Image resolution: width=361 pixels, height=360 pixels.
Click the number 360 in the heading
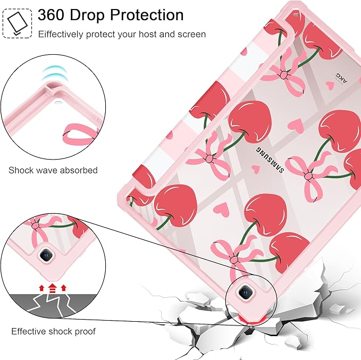[x=52, y=15]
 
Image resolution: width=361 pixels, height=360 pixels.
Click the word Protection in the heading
[x=147, y=15]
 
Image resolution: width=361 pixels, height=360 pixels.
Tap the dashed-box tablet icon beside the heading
[x=17, y=23]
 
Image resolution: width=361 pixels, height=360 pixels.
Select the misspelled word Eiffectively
[x=61, y=35]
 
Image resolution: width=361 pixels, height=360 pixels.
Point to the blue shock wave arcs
[x=55, y=73]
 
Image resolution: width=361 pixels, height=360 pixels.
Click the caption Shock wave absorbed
[x=53, y=171]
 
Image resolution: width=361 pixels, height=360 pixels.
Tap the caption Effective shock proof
[x=53, y=331]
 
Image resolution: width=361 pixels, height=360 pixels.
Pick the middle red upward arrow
[x=53, y=288]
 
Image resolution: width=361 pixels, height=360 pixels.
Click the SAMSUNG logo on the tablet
[x=270, y=160]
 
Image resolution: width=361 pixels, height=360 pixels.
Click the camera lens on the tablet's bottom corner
[x=245, y=292]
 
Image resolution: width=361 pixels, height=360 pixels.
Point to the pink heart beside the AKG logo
[x=330, y=85]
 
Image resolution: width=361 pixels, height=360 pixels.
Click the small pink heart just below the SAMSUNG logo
[x=255, y=169]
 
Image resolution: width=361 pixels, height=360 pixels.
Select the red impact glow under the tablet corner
[x=251, y=319]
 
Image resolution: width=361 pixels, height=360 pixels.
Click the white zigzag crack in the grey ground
[x=53, y=305]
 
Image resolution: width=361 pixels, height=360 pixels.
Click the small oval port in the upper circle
[x=57, y=102]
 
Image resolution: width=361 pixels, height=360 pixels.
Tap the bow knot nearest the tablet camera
[x=234, y=260]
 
